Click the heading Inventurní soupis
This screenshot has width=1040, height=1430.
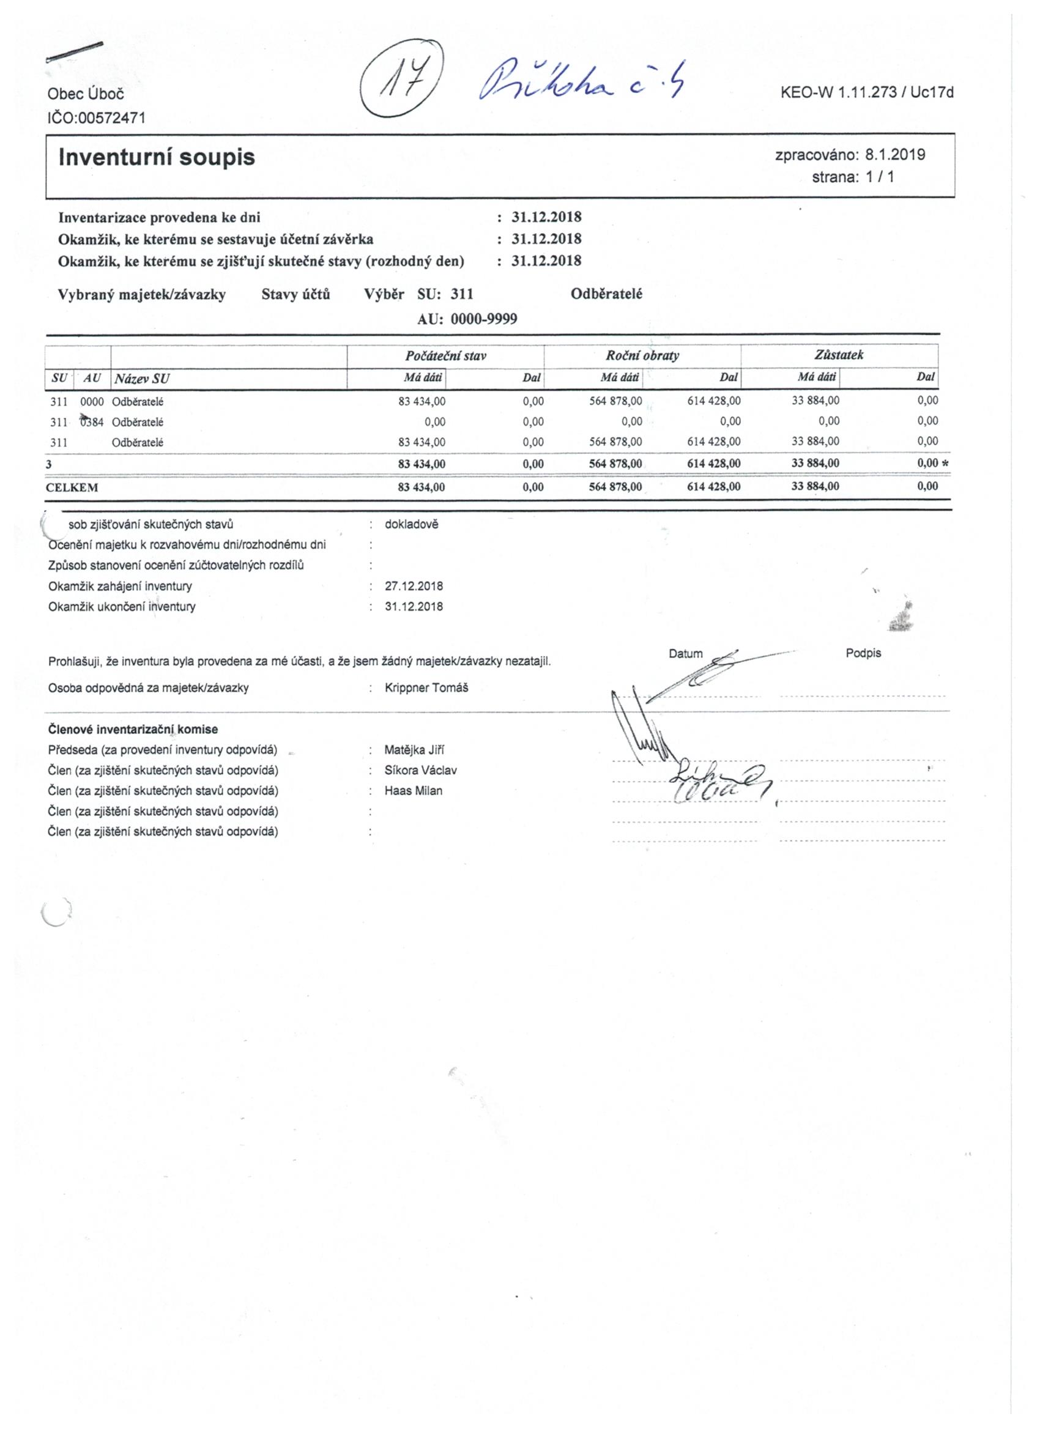(x=157, y=157)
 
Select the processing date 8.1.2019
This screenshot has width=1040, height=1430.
(x=894, y=155)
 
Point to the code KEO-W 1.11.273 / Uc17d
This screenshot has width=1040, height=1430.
(x=866, y=93)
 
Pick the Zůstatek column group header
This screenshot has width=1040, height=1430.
(x=838, y=355)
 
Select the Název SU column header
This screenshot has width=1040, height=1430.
(x=142, y=379)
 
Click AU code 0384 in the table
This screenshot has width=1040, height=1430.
(x=92, y=422)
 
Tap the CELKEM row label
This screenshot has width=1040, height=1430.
(x=72, y=487)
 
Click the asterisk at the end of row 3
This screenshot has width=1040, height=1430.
(x=944, y=464)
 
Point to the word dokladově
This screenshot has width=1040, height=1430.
(x=411, y=524)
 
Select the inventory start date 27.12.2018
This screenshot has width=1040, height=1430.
(x=414, y=586)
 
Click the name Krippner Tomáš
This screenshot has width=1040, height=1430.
(x=426, y=687)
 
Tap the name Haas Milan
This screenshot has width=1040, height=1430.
(x=413, y=791)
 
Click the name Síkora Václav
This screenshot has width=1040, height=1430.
(x=421, y=770)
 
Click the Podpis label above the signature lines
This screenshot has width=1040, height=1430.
(x=863, y=653)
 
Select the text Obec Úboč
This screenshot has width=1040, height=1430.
(x=86, y=95)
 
